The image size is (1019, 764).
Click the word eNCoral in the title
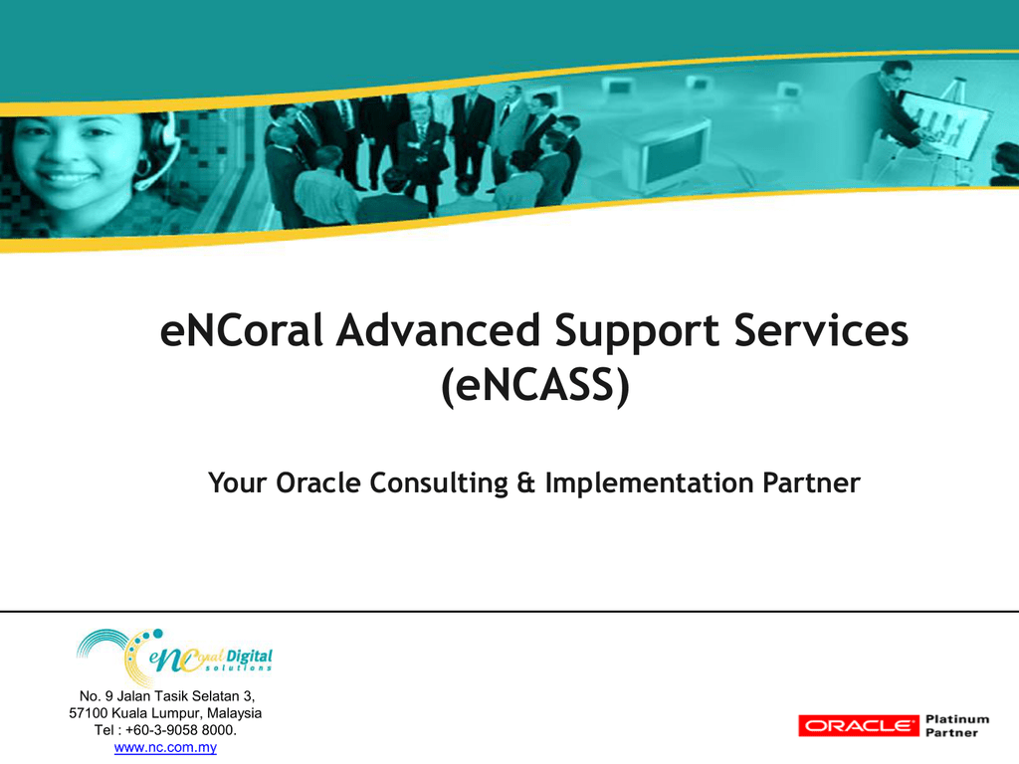241,330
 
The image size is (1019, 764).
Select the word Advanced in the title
438,330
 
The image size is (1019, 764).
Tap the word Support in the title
637,332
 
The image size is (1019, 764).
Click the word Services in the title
821,330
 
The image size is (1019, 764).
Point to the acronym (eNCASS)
535,386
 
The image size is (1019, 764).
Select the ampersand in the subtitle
525,482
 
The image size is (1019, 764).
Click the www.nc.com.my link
165,748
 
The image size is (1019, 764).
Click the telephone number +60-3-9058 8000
181,730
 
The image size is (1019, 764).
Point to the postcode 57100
88,713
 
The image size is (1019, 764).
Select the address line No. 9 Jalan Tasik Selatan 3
167,696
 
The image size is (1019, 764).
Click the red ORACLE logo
859,725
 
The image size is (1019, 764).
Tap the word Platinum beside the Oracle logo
957,719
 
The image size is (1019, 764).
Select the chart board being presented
945,124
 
